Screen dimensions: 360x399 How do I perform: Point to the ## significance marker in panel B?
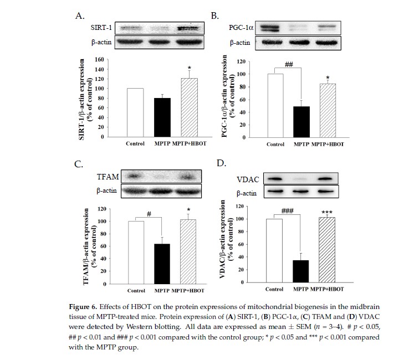(x=288, y=64)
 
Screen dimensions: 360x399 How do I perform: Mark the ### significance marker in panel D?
(x=287, y=211)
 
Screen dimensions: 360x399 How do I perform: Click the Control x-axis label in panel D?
(x=275, y=289)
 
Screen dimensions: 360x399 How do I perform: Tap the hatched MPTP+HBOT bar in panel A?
(x=190, y=108)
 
